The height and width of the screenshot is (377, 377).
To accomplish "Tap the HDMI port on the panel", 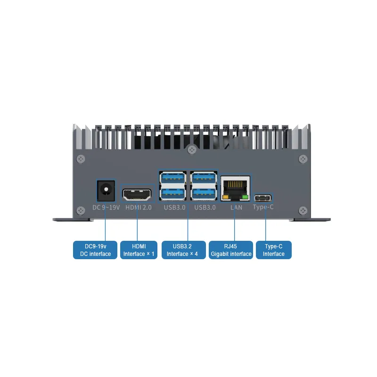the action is click(137, 194).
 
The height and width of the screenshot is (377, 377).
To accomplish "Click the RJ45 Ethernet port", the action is click(235, 188).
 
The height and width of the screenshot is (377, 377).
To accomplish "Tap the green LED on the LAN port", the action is click(244, 197).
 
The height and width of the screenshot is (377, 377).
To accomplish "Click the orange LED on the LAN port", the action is click(226, 197).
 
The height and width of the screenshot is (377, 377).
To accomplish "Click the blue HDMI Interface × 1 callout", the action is click(139, 250).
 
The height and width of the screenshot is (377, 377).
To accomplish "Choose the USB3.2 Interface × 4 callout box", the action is click(184, 250).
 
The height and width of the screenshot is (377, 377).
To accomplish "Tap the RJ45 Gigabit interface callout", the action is click(230, 250).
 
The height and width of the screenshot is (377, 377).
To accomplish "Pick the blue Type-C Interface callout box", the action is click(273, 250).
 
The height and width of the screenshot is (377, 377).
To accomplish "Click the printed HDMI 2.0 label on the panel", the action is click(138, 208).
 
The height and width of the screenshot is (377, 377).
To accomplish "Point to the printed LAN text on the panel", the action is click(236, 207).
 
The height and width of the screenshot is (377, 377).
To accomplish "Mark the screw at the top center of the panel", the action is click(191, 150).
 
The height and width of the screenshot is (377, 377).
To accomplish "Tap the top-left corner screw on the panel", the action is click(82, 159).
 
